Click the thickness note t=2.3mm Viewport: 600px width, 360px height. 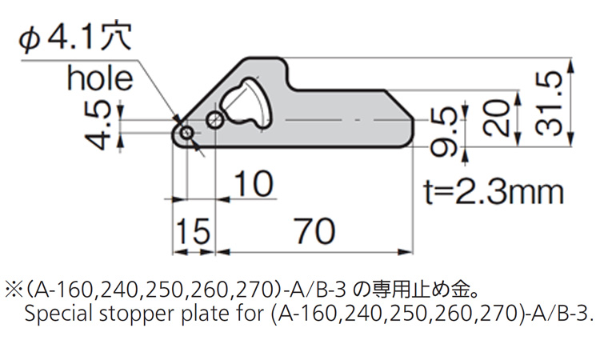pyautogui.click(x=493, y=192)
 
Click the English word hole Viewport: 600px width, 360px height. pyautogui.click(x=99, y=78)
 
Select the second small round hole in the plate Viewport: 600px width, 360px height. pyautogui.click(x=214, y=120)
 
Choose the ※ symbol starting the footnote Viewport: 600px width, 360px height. pyautogui.click(x=14, y=287)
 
